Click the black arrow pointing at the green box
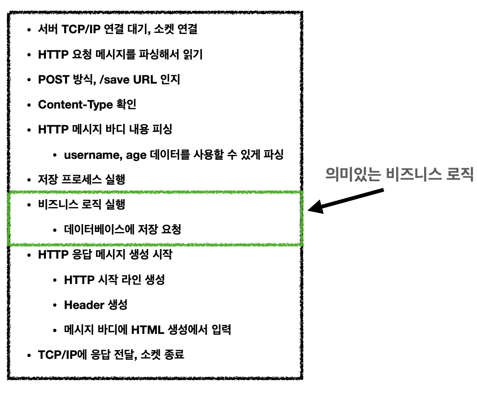click(345, 199)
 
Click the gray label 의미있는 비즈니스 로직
click(399, 175)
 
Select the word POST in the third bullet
click(54, 80)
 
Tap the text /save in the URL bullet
click(119, 80)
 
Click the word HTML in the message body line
click(148, 330)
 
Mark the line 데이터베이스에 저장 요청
click(122, 229)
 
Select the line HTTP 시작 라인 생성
click(114, 280)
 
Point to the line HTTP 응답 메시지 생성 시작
click(105, 255)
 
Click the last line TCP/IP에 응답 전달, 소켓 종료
click(111, 354)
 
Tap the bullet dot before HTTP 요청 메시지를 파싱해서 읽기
click(29, 55)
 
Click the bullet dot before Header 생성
click(55, 305)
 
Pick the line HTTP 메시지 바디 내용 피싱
click(105, 130)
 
